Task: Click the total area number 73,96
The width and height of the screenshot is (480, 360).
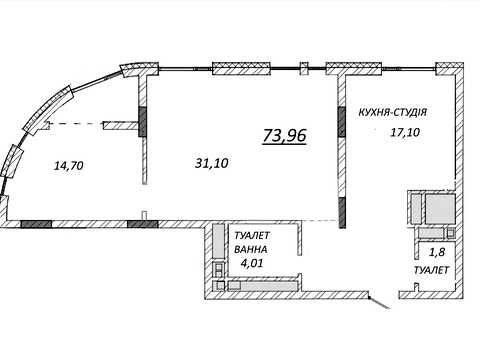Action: click(x=284, y=136)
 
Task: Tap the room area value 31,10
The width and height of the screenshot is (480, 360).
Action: click(x=212, y=163)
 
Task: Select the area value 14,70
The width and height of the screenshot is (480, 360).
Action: click(x=68, y=166)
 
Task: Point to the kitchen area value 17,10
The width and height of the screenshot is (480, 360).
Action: click(x=405, y=133)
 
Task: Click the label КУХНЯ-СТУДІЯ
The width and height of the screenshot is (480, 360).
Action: click(x=393, y=112)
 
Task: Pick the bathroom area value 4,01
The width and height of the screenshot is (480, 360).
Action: click(x=252, y=263)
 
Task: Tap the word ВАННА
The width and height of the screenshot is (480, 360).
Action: click(x=250, y=249)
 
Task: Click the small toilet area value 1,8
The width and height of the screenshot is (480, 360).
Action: click(x=436, y=252)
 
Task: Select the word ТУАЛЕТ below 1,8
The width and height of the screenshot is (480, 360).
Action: click(x=431, y=270)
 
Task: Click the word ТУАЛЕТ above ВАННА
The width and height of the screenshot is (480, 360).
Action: click(x=252, y=236)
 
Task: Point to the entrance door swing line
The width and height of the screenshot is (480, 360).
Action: click(x=379, y=302)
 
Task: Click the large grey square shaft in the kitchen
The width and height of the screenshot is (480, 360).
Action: click(x=440, y=209)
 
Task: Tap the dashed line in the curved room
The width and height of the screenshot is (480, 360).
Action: click(x=76, y=124)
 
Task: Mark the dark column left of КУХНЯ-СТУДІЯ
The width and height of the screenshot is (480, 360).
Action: click(x=342, y=122)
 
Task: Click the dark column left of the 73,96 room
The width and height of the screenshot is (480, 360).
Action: click(x=142, y=122)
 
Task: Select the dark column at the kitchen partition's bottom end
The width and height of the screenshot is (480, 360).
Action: click(x=342, y=213)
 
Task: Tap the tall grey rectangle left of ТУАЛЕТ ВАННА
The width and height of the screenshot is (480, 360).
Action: click(x=219, y=242)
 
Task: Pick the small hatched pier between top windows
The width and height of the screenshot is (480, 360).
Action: click(x=304, y=69)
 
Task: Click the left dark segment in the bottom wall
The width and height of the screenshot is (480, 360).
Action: click(x=36, y=224)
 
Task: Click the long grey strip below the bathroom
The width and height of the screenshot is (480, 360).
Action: click(x=263, y=286)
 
